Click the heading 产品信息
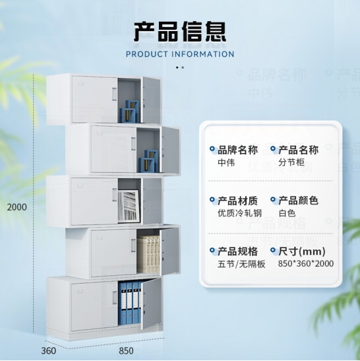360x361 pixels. coord(180,31)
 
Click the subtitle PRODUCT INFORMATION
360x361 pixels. coord(180,54)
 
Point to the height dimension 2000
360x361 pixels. coord(16,207)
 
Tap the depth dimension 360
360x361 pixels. coord(49,350)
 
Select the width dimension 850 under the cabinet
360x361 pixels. coord(126,350)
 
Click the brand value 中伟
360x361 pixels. coord(226,162)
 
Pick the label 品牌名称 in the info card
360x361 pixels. coord(238,150)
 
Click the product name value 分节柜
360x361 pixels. coord(291,162)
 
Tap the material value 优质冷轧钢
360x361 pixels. coord(240,213)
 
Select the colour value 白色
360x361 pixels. coord(287,213)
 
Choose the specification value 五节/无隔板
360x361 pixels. coord(241,264)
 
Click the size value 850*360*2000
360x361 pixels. coord(306,263)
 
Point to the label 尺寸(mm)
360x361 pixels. coord(302,251)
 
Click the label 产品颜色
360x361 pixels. coord(298,201)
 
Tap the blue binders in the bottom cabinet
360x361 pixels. coord(129,302)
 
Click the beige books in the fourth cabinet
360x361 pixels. coord(148,254)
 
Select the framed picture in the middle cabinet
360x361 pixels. coord(129,206)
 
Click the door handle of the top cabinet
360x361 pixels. coord(115,94)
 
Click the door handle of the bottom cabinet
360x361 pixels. coord(115,298)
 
